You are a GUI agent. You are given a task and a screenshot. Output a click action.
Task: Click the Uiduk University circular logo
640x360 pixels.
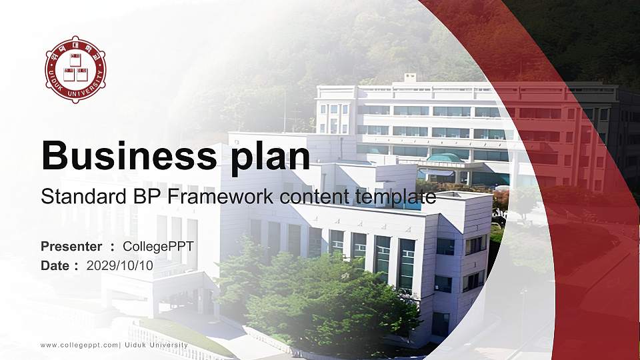pyautogui.click(x=75, y=69)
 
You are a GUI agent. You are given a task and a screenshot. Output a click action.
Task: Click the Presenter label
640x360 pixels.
pyautogui.click(x=71, y=247)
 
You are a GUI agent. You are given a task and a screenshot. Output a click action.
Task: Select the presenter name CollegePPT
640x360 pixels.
pyautogui.click(x=159, y=247)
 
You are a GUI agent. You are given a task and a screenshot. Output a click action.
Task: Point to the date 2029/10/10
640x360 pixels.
pyautogui.click(x=120, y=265)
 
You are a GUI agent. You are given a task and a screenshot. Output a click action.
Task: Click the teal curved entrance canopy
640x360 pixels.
pyautogui.click(x=445, y=159)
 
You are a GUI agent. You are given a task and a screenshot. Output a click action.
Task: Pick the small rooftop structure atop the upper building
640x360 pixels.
pyautogui.click(x=410, y=77)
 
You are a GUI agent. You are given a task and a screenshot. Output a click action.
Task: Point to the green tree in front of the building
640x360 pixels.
pyautogui.click(x=320, y=300)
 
